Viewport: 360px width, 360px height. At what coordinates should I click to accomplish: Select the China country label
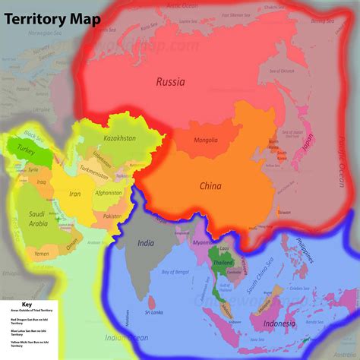click(210, 185)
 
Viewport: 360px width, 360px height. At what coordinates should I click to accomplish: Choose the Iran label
click(75, 194)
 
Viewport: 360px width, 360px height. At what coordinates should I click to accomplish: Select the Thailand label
click(223, 262)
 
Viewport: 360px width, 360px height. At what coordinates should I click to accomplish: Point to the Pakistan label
click(112, 216)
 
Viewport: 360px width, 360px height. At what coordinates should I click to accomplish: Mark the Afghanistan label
click(107, 192)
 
